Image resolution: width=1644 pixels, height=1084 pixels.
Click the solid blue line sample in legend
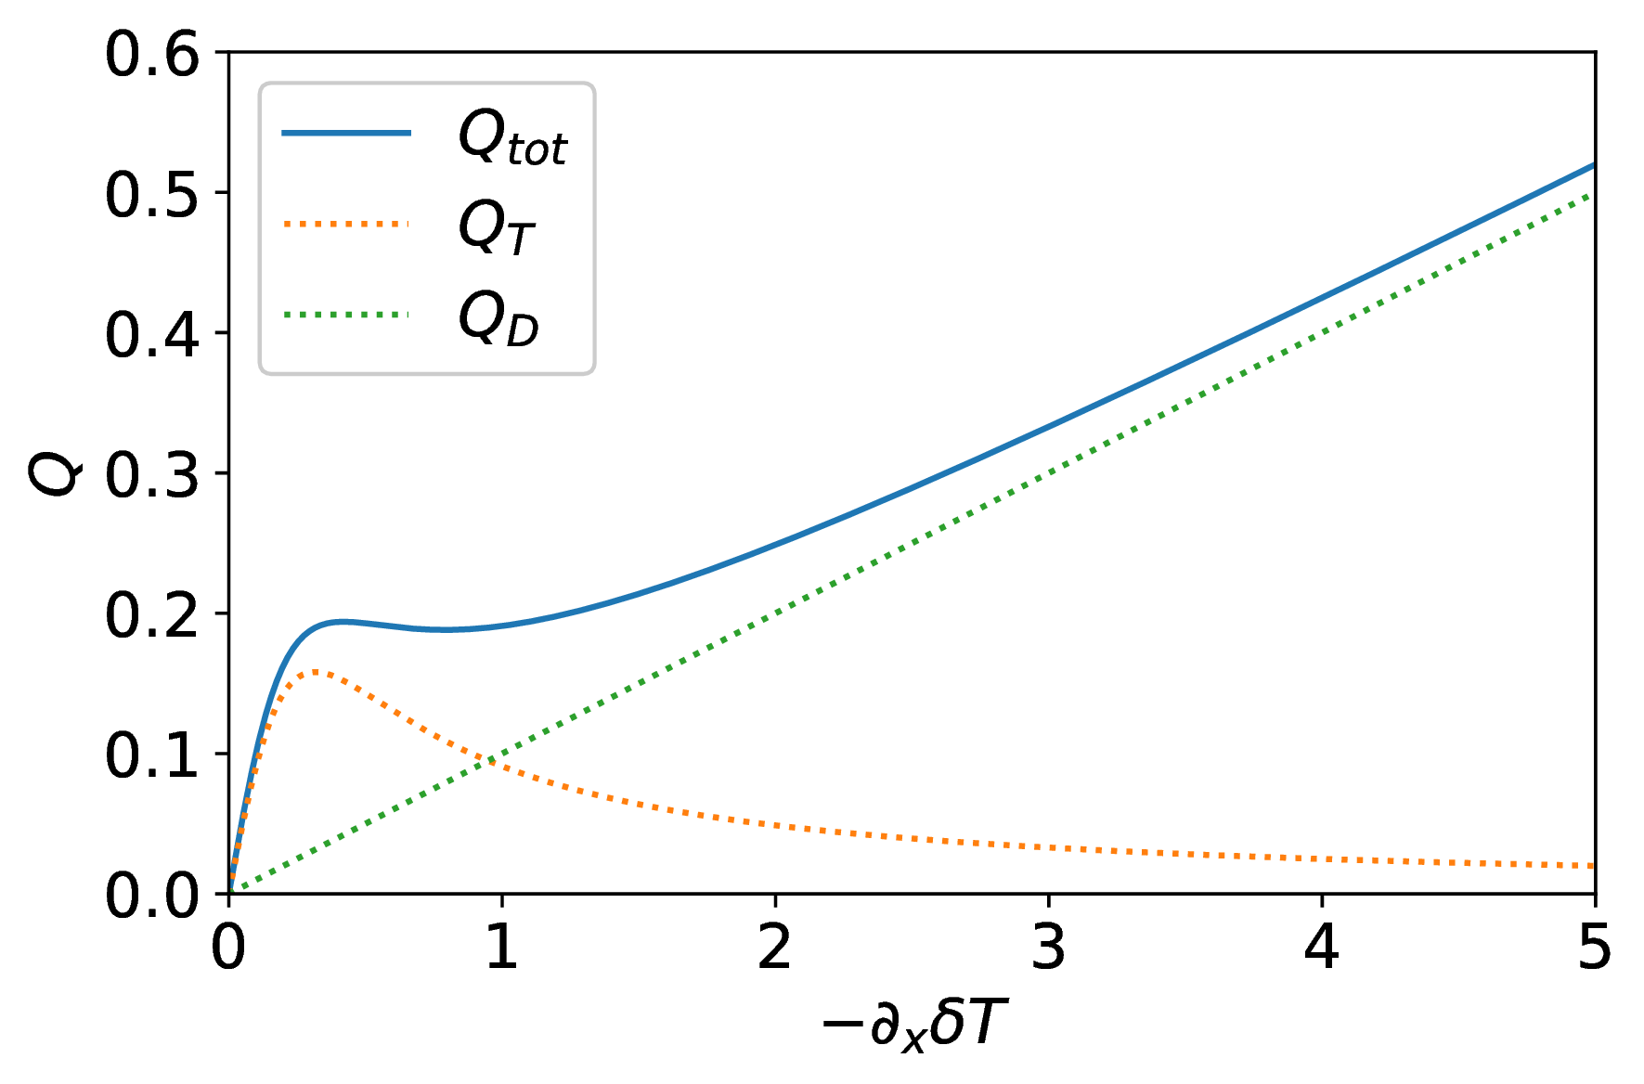tap(346, 134)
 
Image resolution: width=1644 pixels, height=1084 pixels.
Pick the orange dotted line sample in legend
tap(346, 224)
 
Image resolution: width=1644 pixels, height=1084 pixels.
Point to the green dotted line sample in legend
tap(346, 315)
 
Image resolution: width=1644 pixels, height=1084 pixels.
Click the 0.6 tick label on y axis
tap(151, 55)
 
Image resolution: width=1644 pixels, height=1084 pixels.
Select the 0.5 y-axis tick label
tap(151, 195)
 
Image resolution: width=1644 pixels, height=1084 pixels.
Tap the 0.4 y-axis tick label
tap(151, 335)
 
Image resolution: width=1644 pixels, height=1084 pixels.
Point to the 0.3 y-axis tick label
tap(151, 475)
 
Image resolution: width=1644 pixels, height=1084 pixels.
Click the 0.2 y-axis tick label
tap(151, 615)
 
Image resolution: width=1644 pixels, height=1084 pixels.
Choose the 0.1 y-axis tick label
tap(151, 755)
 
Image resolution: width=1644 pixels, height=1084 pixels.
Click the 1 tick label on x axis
tap(502, 948)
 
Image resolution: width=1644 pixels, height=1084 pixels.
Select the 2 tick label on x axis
tap(775, 948)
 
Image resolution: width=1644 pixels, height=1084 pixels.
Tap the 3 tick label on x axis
tap(1049, 948)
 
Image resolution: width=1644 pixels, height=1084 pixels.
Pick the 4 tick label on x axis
tap(1322, 948)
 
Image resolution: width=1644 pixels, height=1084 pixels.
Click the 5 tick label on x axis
tap(1594, 948)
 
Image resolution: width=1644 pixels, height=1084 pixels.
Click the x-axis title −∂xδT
tap(913, 1026)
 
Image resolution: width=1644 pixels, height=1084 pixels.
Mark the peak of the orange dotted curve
tap(316, 671)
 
